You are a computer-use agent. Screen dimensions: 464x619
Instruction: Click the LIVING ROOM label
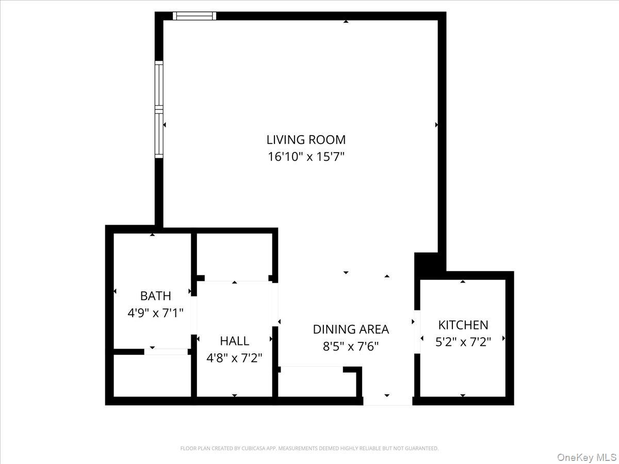pos(305,139)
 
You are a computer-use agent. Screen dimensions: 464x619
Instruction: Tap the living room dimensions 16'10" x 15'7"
pos(305,156)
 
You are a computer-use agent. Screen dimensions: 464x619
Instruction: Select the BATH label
pos(155,296)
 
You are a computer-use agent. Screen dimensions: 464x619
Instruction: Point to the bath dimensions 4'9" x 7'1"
pos(155,312)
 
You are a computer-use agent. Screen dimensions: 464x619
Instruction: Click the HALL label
pos(234,341)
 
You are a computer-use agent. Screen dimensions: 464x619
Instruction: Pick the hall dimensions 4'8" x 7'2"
pos(234,357)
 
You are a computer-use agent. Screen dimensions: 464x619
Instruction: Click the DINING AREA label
pos(351,329)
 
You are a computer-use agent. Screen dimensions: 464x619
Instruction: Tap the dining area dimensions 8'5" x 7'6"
pos(351,346)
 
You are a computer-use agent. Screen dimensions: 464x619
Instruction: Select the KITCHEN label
pos(463,325)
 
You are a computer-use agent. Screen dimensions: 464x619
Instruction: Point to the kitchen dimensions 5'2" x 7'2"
pos(463,341)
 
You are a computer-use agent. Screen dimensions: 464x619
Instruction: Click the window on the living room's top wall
pos(194,16)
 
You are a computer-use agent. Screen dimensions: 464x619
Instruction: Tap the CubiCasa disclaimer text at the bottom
pos(309,449)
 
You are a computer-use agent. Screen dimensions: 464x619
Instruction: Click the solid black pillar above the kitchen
pos(426,262)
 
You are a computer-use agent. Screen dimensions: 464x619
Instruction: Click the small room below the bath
pos(152,375)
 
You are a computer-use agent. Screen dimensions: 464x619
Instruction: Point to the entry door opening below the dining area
pos(387,401)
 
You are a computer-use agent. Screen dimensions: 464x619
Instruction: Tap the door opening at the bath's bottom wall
pos(166,352)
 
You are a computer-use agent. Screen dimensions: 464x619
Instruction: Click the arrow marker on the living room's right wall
pos(437,125)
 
